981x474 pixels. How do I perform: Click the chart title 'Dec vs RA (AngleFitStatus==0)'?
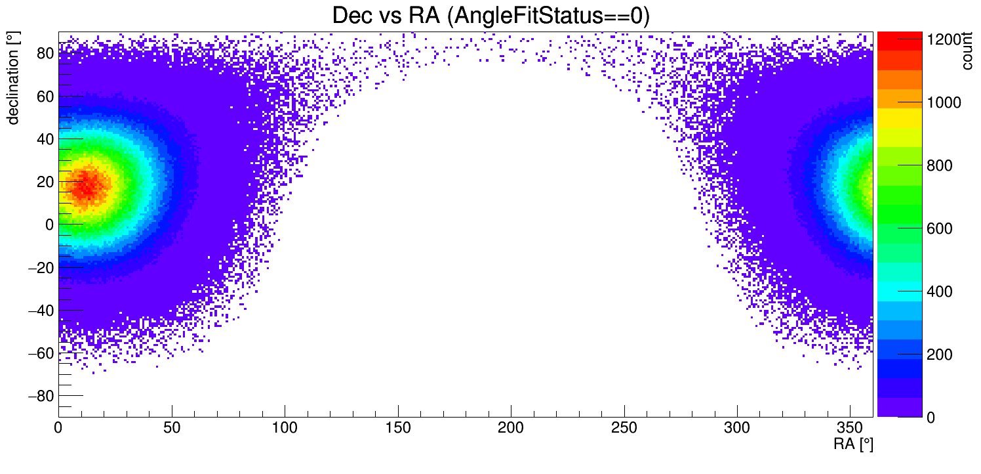[490, 16]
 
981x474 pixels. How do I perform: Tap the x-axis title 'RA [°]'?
[853, 444]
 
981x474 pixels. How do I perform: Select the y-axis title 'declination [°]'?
[12, 79]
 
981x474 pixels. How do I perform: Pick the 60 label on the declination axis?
[45, 96]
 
